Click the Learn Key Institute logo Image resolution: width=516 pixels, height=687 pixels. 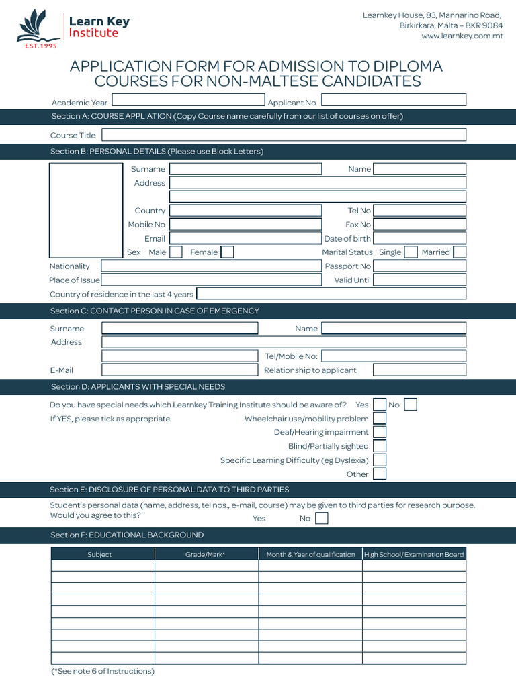point(73,29)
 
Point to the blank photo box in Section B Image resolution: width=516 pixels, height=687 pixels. point(86,210)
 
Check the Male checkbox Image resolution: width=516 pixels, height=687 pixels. point(176,252)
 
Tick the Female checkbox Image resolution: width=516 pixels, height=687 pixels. point(227,252)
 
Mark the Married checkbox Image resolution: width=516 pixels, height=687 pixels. point(460,252)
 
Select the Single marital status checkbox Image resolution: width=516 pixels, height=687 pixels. point(410,252)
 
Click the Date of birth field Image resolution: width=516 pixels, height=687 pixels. point(419,238)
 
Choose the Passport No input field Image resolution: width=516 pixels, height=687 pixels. point(419,266)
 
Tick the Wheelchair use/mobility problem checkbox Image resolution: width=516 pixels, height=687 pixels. point(380,419)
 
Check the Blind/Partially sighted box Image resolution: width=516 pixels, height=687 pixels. point(380,446)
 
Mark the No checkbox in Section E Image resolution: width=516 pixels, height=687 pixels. point(322,518)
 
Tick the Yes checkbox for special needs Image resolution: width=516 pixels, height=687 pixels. point(380,405)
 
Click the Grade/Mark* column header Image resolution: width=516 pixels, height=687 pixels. point(206,554)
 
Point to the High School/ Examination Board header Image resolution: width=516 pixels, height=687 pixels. point(414,554)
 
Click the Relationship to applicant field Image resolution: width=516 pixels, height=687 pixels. point(419,370)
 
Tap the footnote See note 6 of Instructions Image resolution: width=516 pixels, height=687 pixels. point(103,671)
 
